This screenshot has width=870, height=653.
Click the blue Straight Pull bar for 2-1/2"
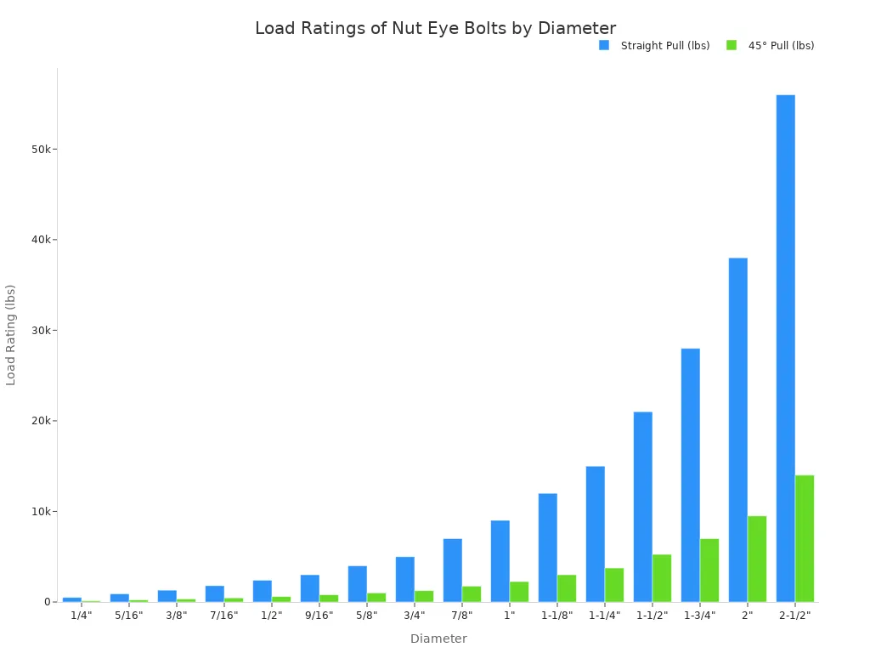[785, 349]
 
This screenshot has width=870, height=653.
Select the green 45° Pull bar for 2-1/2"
[805, 538]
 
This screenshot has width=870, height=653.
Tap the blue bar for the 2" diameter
[737, 429]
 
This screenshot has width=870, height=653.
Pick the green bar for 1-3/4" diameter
[709, 570]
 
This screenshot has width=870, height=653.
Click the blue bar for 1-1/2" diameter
[642, 507]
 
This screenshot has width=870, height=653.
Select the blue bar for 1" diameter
[500, 561]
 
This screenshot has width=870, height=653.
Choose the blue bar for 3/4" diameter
[404, 579]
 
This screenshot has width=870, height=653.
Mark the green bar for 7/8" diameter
[472, 593]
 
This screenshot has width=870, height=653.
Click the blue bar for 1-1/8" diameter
[547, 548]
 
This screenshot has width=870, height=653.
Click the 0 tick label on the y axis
[48, 602]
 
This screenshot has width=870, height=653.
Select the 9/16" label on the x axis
[319, 616]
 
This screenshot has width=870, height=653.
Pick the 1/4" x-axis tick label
[81, 616]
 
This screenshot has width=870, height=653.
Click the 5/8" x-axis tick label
[366, 616]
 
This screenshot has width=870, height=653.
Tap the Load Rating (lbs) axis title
[11, 335]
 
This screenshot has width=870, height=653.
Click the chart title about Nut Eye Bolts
[435, 28]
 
